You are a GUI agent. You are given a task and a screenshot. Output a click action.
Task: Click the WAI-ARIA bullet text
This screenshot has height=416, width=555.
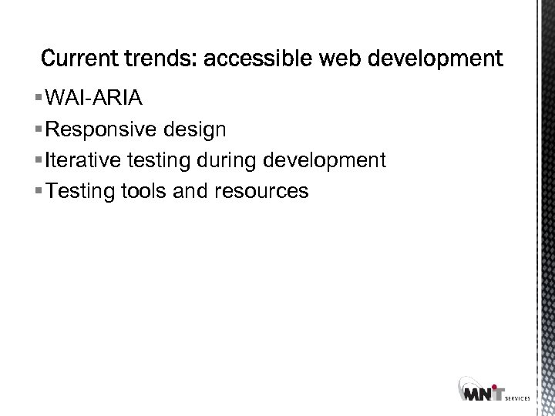click(92, 98)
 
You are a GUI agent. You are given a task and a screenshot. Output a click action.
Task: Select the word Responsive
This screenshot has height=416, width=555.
click(96, 129)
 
